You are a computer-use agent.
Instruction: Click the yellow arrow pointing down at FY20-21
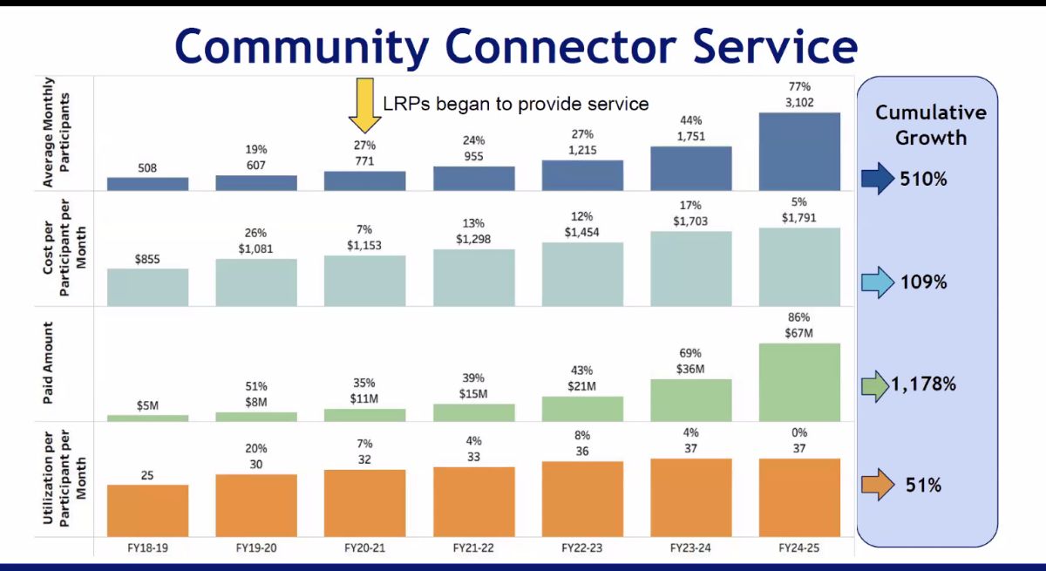(x=359, y=104)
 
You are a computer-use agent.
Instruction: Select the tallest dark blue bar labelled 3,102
(x=799, y=152)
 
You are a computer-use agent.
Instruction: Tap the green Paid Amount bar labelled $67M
(x=799, y=382)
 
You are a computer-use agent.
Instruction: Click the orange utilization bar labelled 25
(x=147, y=510)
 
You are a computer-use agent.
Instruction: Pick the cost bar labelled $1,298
(x=473, y=276)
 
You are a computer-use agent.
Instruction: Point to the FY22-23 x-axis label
(x=581, y=548)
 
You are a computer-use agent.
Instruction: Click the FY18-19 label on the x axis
(x=147, y=548)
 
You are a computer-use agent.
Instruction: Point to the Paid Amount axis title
(x=49, y=364)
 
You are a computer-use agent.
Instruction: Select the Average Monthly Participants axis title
(x=49, y=133)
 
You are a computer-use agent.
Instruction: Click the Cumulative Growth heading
(x=930, y=125)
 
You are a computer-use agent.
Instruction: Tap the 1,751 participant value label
(x=690, y=136)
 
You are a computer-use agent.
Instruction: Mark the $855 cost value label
(x=147, y=259)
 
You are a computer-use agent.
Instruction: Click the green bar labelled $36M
(x=690, y=400)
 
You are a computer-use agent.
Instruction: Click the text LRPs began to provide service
(x=516, y=104)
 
